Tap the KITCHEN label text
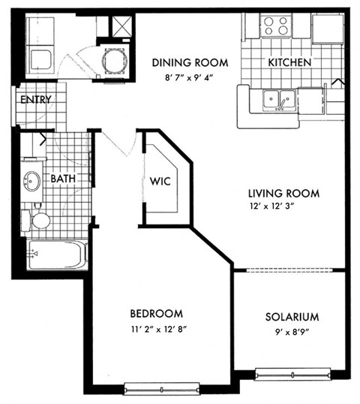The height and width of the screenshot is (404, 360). coord(289,62)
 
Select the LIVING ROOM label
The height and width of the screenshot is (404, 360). coord(284,193)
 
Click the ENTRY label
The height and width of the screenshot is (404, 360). coord(36,100)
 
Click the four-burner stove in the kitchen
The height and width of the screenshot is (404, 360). coord(274,26)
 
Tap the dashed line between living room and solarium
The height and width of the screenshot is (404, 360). coord(291,270)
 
